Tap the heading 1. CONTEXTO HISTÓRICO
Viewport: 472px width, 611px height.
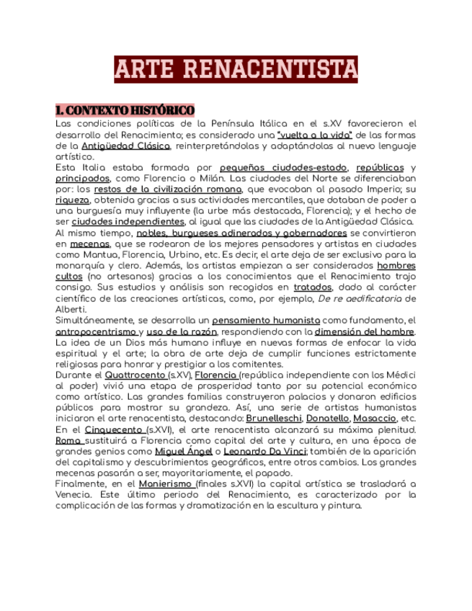point(125,110)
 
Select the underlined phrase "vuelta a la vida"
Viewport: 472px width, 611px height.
point(314,135)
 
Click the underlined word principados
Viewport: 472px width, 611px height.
point(83,178)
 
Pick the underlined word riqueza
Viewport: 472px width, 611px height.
point(73,200)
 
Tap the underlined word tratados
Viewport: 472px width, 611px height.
point(312,287)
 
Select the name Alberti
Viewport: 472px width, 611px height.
point(71,309)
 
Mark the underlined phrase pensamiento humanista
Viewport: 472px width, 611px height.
point(267,320)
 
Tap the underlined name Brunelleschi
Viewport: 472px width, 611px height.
point(272,419)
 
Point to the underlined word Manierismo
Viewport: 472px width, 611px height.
point(166,484)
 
